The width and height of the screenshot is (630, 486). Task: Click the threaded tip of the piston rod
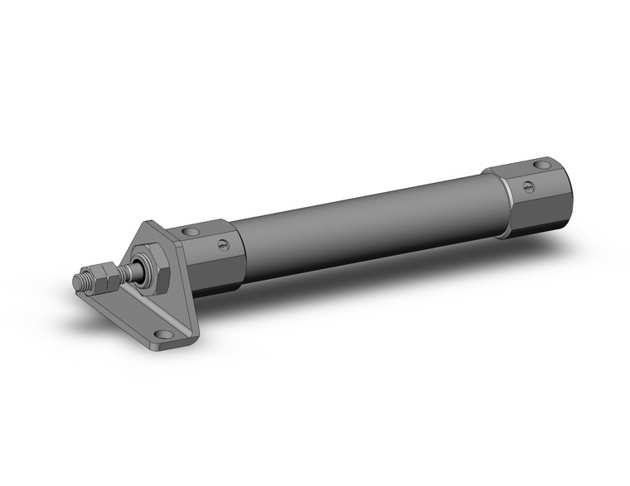[x=80, y=281]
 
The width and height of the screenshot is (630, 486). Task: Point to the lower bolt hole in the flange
[x=165, y=334]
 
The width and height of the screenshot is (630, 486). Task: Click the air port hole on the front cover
[x=192, y=231]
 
